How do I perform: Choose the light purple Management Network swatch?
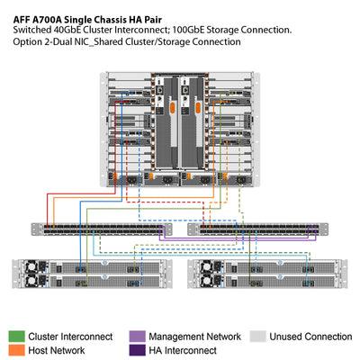coord(137,336)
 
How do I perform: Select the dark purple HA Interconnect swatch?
coord(137,349)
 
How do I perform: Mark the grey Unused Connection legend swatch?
coord(257,336)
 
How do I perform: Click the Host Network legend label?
coord(58,350)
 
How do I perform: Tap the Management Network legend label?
coord(193,337)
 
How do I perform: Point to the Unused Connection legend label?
coord(310,337)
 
